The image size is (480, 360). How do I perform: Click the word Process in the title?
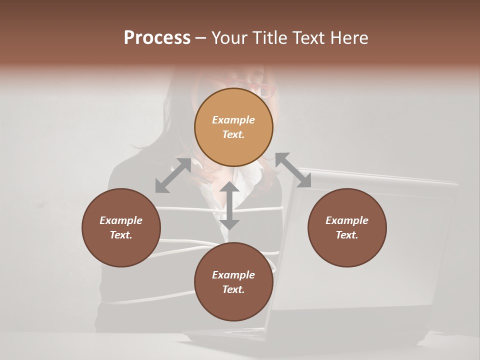click(x=157, y=38)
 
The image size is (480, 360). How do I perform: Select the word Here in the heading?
click(x=348, y=38)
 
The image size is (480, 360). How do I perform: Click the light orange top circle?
click(x=233, y=127)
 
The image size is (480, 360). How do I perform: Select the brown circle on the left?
click(x=121, y=227)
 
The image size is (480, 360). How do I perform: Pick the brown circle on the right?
click(x=347, y=227)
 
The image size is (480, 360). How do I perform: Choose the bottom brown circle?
click(x=233, y=281)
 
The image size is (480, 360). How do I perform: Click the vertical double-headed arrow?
click(x=229, y=205)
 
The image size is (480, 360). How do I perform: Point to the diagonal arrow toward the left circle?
click(x=173, y=175)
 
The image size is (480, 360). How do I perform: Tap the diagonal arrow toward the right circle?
click(x=293, y=170)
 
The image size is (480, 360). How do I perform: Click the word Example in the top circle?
click(x=233, y=120)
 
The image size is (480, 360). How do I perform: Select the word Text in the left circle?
click(x=120, y=235)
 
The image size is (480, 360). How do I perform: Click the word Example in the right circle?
click(x=347, y=220)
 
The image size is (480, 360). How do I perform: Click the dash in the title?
click(x=200, y=38)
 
